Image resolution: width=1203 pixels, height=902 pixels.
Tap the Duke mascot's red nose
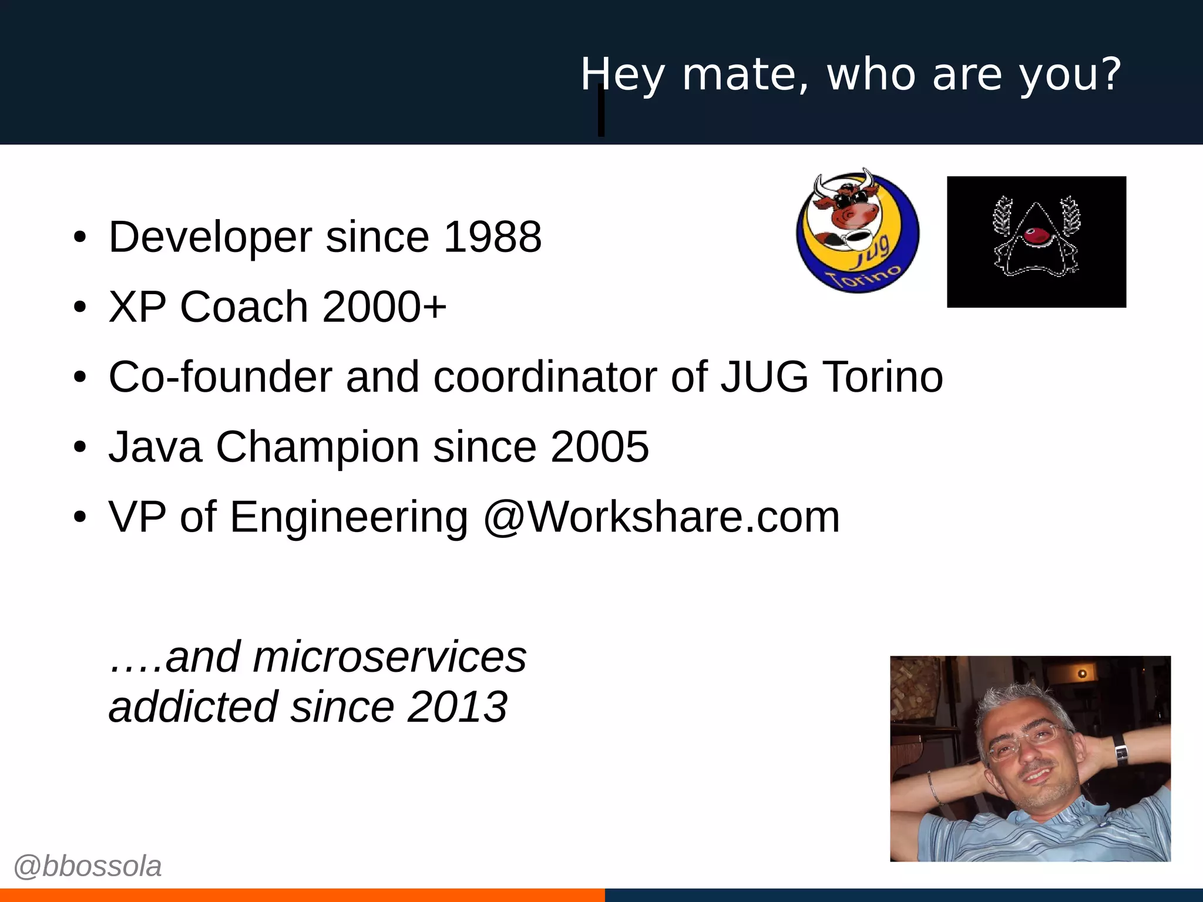coord(1036,235)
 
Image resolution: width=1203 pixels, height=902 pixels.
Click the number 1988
coord(492,237)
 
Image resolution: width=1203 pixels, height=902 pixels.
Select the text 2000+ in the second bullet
coord(384,307)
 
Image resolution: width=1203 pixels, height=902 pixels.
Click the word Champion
coord(318,447)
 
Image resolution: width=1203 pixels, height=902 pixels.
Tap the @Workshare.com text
coord(661,517)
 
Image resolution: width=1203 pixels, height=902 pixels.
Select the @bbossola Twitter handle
coord(88,866)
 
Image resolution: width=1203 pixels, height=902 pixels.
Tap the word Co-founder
coord(220,376)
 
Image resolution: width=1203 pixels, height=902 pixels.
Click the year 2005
coord(600,447)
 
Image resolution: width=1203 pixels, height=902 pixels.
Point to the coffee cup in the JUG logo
coord(856,238)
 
